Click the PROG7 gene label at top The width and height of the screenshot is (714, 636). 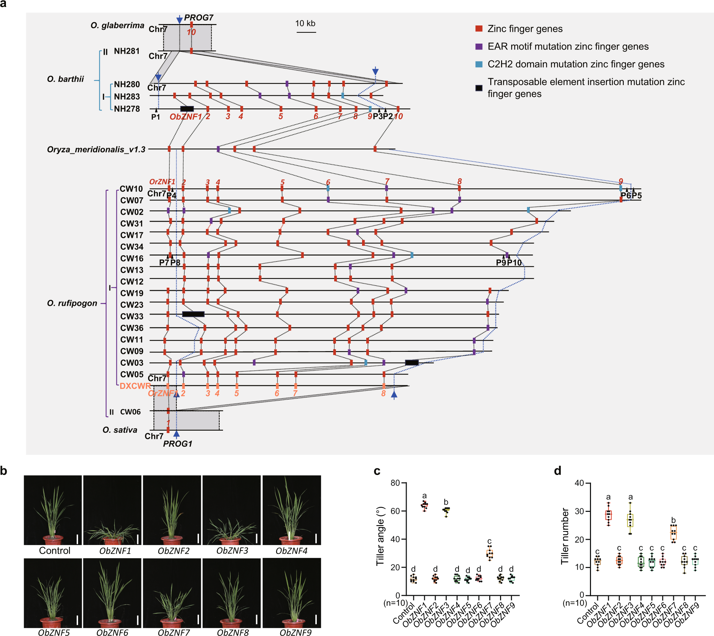click(198, 17)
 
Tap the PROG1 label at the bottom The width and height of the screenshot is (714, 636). click(177, 444)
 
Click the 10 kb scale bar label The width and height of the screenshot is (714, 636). click(305, 23)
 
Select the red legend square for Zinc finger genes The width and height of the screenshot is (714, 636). click(479, 29)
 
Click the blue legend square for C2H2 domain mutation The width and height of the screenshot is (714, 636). click(479, 64)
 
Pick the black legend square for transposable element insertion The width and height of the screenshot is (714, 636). click(479, 88)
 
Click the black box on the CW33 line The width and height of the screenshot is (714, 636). click(193, 314)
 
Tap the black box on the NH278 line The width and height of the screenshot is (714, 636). click(187, 109)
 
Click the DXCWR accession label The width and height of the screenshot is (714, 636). click(135, 386)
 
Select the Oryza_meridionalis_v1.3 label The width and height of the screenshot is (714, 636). click(96, 150)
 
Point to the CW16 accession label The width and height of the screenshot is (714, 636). click(132, 258)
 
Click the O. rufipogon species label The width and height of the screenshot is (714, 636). click(72, 303)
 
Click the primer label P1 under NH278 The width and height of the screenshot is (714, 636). click(155, 117)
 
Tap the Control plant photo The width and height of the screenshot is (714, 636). click(53, 510)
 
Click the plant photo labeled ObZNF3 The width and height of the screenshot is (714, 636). click(231, 510)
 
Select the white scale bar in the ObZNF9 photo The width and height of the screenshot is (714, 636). click(316, 620)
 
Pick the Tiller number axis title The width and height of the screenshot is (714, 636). click(565, 536)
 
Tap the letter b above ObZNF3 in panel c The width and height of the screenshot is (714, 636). click(446, 502)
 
